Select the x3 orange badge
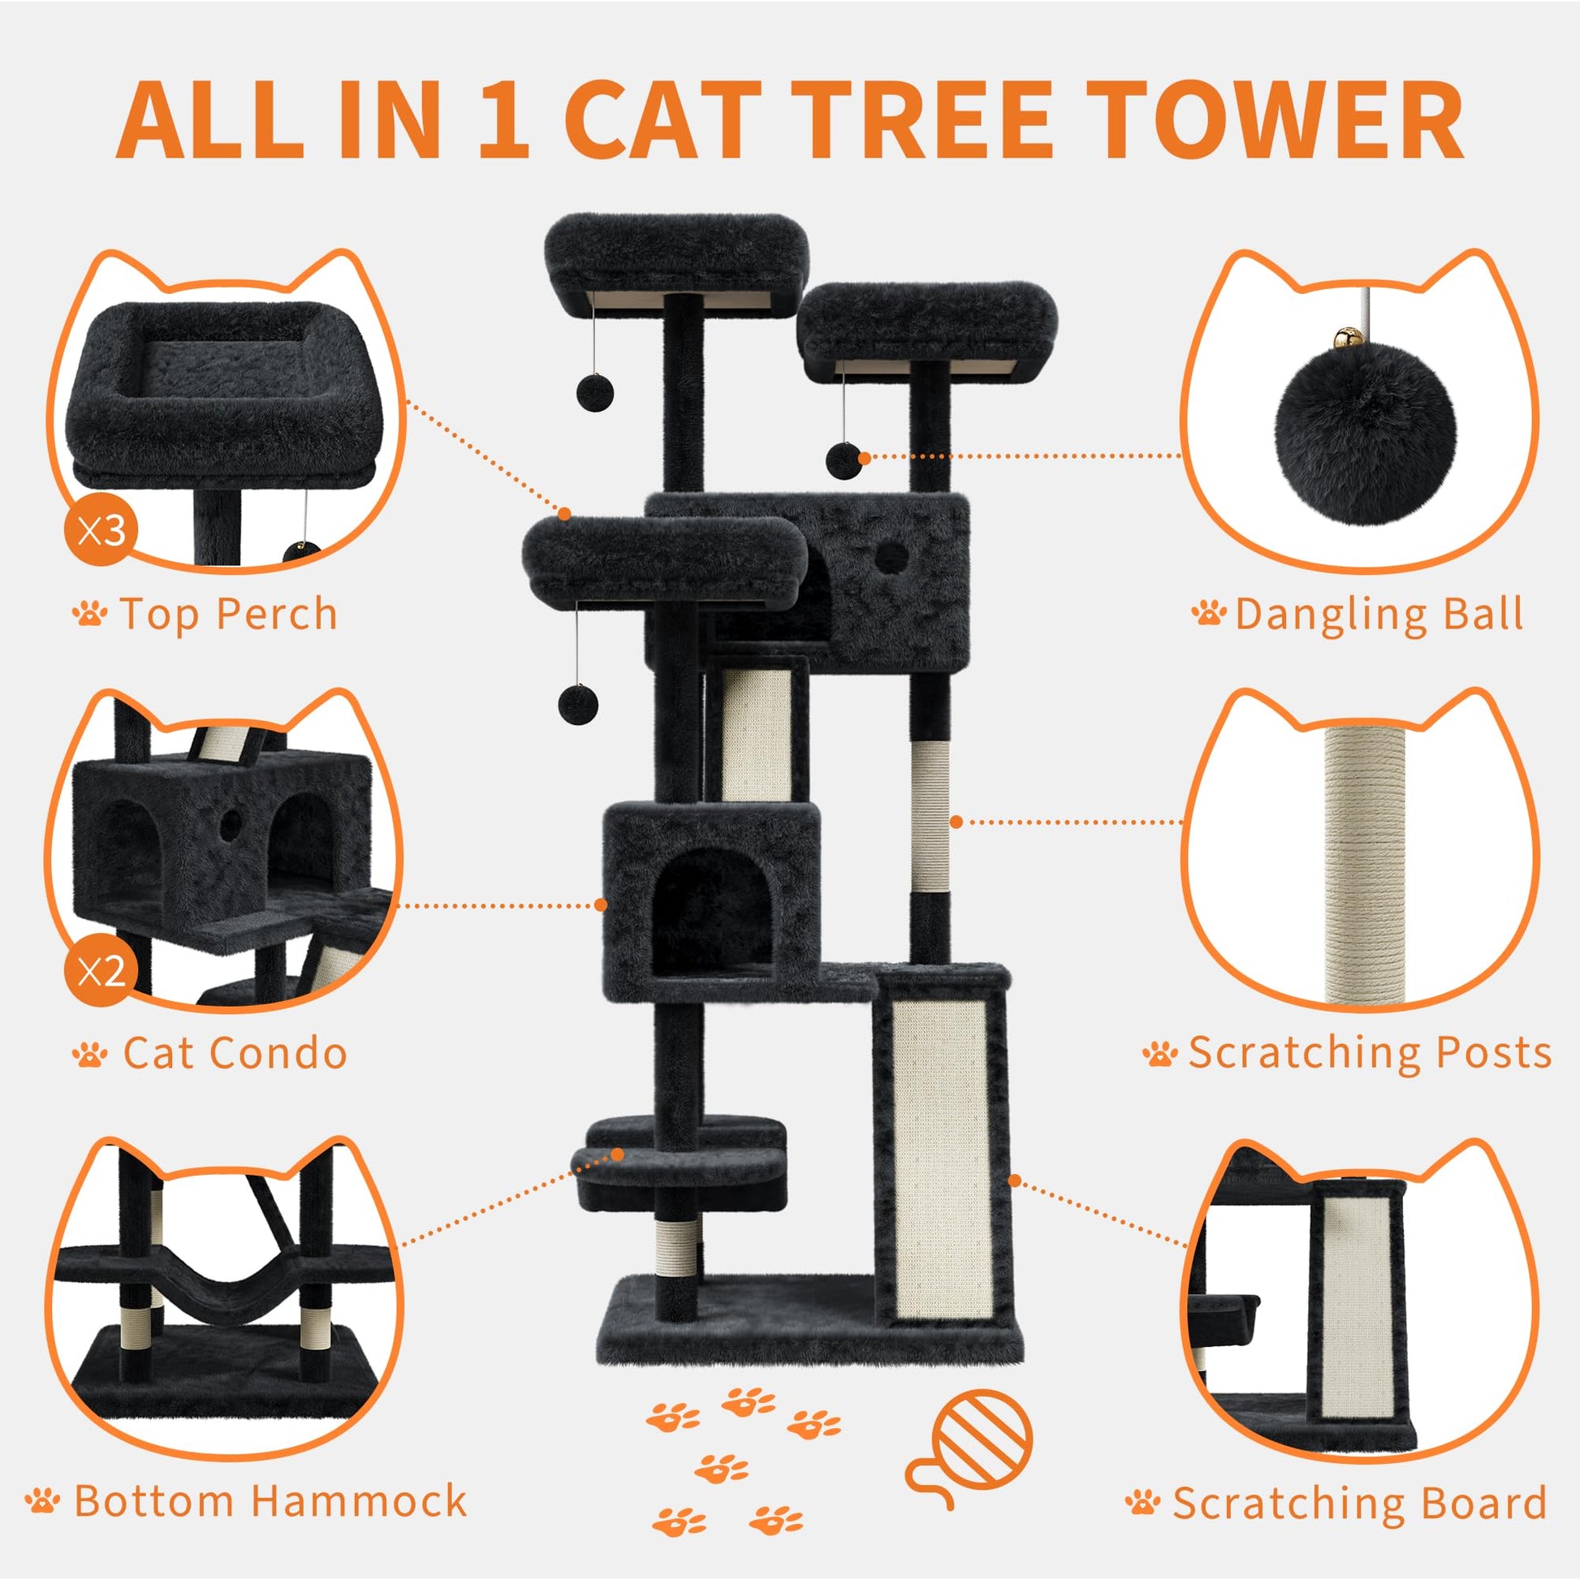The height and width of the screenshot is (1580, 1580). (101, 531)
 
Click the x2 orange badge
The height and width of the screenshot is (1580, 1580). (101, 971)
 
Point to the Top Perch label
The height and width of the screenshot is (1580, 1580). (205, 614)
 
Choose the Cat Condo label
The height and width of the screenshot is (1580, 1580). (210, 1053)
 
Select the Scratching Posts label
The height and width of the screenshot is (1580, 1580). (1347, 1052)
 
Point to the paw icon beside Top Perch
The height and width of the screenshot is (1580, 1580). (90, 613)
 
